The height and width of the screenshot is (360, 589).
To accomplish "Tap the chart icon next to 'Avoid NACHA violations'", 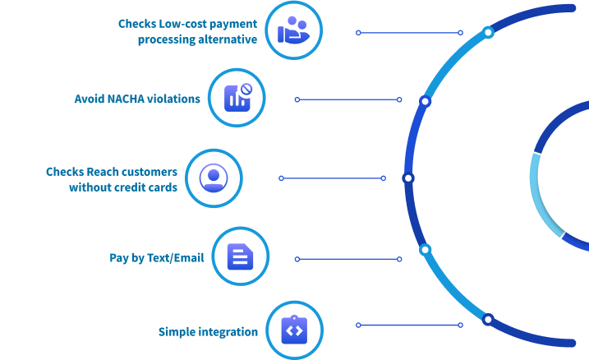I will (237, 98).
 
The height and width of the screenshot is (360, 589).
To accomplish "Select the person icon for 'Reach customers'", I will (214, 178).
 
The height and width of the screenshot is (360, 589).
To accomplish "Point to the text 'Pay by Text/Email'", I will (158, 258).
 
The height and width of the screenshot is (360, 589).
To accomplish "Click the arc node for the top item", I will (488, 33).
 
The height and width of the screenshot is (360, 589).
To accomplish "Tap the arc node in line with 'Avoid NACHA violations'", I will (425, 101).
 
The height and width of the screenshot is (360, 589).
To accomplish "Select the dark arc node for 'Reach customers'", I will (408, 178).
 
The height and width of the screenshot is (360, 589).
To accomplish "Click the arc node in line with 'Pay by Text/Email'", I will (425, 249).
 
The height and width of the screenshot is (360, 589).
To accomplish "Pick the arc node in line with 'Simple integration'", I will (487, 319).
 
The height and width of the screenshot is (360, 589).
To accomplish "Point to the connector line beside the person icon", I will (332, 178).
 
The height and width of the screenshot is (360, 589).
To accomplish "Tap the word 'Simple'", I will (176, 332).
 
